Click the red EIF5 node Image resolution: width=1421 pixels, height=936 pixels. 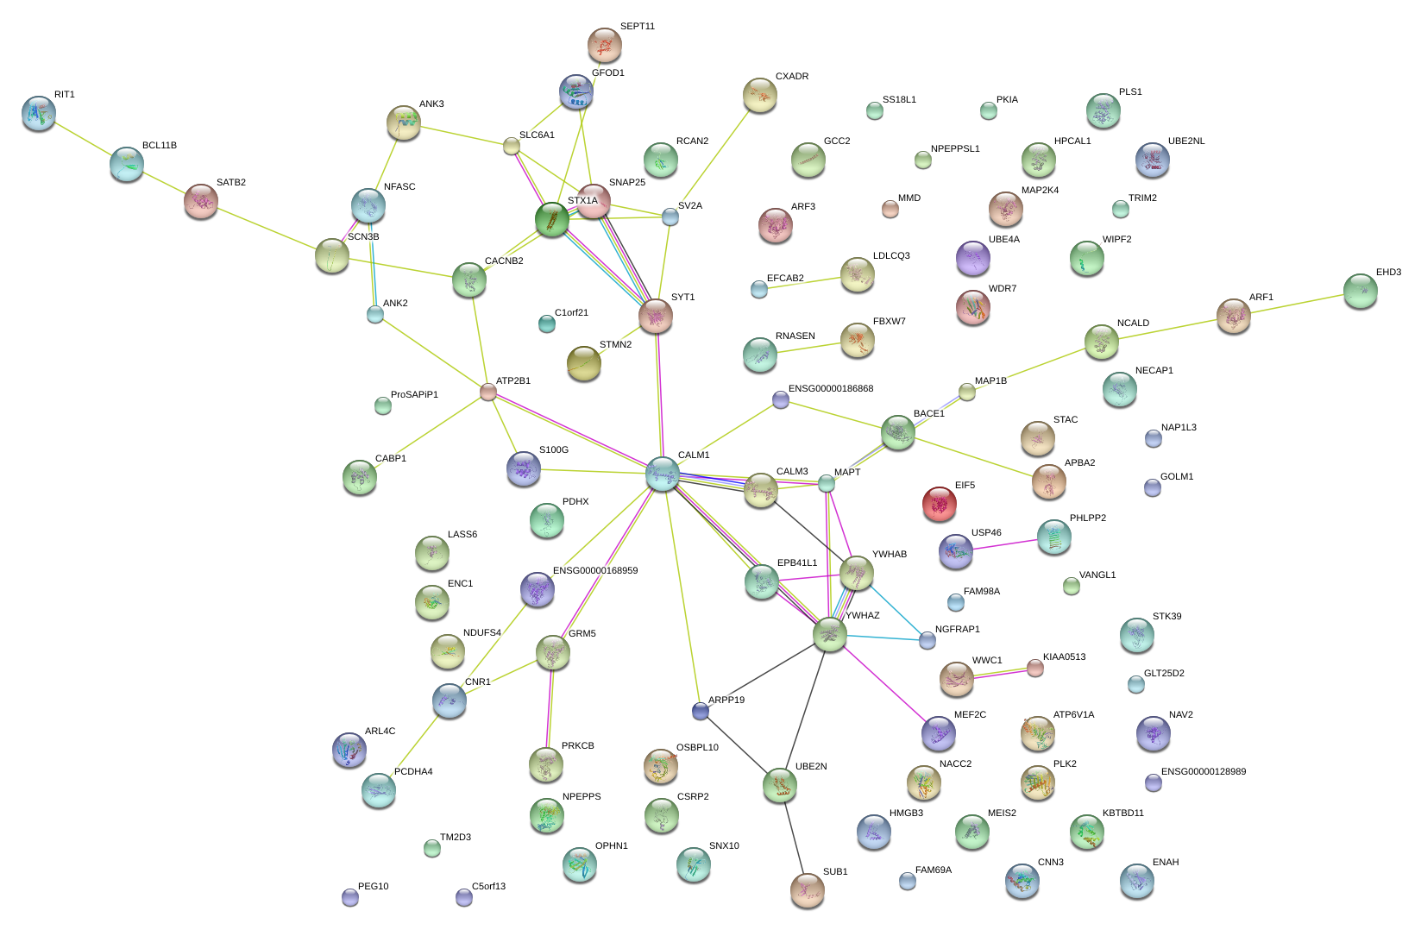click(x=939, y=503)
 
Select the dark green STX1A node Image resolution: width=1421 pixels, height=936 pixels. click(x=552, y=219)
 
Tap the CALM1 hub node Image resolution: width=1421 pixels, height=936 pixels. click(x=663, y=474)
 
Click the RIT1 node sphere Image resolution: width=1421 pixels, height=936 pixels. click(x=39, y=112)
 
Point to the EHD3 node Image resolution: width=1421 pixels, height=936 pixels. click(x=1360, y=291)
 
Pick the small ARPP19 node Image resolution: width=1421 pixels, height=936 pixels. click(x=701, y=711)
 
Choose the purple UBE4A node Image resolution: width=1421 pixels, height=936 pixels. click(x=973, y=257)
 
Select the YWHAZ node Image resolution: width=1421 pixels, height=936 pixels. click(x=830, y=635)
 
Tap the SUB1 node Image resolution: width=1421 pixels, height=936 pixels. click(x=808, y=889)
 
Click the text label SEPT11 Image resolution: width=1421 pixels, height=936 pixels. click(x=638, y=27)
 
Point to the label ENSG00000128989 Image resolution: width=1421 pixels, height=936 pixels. click(x=1203, y=772)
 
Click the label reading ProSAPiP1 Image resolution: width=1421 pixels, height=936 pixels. click(x=414, y=395)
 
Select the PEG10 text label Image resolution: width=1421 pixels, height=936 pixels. click(x=373, y=887)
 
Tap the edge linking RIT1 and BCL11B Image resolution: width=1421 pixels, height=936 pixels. click(x=83, y=138)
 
